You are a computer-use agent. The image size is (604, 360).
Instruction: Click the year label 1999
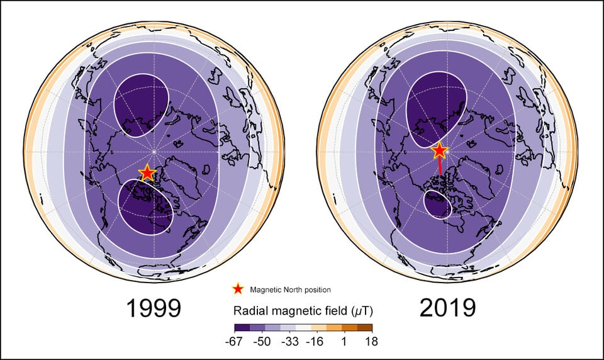(x=154, y=308)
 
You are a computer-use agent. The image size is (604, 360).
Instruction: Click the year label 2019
(x=447, y=308)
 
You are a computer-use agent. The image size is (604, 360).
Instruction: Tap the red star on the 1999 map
(x=147, y=172)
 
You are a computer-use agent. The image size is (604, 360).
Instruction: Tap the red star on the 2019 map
(x=439, y=151)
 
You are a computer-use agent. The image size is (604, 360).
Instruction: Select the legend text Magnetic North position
(x=290, y=290)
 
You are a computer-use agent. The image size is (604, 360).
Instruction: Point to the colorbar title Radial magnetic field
(x=303, y=311)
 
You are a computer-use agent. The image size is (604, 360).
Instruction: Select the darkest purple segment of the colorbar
(x=242, y=327)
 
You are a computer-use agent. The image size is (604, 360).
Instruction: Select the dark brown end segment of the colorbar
(x=365, y=327)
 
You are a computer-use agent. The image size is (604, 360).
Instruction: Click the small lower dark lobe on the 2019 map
(x=438, y=205)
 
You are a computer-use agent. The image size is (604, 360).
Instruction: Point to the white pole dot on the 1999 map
(x=154, y=151)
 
